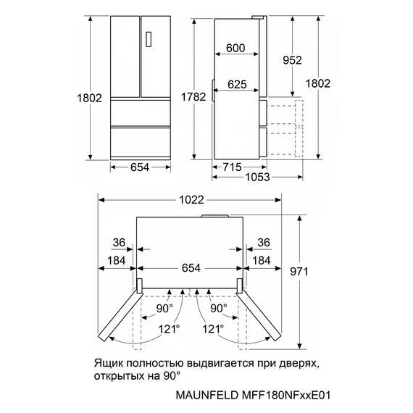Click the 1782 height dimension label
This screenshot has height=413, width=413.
(x=193, y=97)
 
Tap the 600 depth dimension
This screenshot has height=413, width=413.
(x=235, y=48)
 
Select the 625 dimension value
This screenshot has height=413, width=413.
(x=237, y=84)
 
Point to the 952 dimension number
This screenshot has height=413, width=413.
(x=292, y=60)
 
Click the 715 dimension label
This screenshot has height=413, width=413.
(x=232, y=167)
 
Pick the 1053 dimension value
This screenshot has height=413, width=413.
(x=257, y=177)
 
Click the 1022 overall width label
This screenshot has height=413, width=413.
(x=191, y=200)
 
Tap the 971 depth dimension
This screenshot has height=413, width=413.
(x=299, y=271)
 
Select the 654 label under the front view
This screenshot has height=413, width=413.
(x=140, y=167)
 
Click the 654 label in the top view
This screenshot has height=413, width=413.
(x=191, y=268)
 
